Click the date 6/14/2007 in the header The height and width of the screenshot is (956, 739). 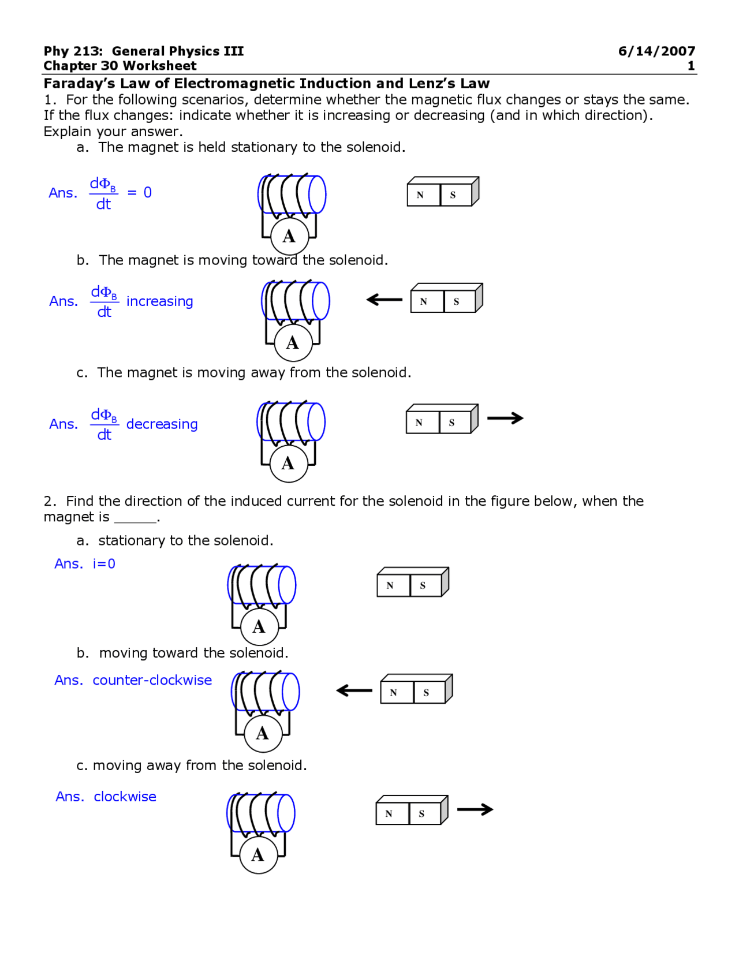pos(656,51)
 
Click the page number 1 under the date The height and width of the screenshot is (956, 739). pos(691,66)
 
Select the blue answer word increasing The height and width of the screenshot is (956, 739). pos(159,301)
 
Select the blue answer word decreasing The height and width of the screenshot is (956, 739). pos(162,424)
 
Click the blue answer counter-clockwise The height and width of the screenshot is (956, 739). pos(152,680)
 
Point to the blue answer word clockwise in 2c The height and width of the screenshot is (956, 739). pos(125,797)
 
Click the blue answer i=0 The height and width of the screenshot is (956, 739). pos(104,564)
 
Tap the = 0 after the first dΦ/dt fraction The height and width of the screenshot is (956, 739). pos(140,193)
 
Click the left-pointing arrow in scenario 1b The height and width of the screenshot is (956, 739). pos(385,300)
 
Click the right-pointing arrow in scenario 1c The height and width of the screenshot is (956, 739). pos(505,418)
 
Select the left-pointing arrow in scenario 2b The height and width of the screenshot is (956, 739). pos(354,690)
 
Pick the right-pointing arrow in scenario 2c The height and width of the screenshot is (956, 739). pos(475,809)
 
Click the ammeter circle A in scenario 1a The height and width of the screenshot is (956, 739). pos(289,236)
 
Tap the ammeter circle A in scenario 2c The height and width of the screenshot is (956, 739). pos(258,855)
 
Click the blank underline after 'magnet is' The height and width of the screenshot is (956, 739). pos(135,518)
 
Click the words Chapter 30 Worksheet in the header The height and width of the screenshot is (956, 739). pos(120,66)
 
